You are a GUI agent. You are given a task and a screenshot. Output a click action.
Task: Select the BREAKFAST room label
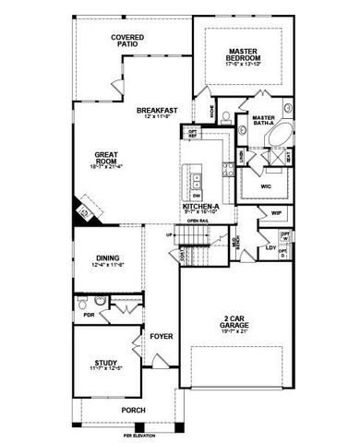(157, 112)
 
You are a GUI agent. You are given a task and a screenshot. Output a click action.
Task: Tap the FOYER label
(162, 337)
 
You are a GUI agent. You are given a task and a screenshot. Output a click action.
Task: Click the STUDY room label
(107, 365)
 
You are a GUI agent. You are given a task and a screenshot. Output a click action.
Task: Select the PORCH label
(134, 411)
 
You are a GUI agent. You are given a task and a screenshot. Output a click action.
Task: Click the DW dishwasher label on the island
(197, 196)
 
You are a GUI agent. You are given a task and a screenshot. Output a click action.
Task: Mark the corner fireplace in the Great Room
(83, 212)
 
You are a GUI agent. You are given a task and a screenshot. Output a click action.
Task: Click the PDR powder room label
(88, 314)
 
